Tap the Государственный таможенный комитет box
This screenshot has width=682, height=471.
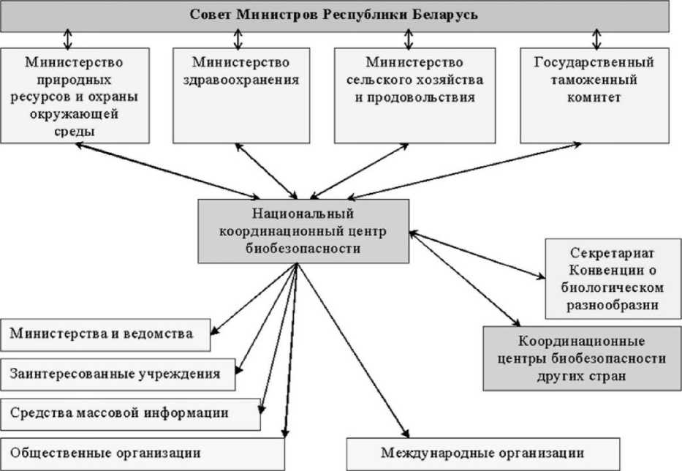(594, 94)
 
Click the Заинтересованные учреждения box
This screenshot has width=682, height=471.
(118, 374)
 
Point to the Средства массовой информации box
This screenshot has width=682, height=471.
(130, 413)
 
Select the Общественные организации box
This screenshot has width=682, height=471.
(142, 453)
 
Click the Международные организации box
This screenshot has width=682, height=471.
(483, 453)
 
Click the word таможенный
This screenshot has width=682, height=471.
(594, 80)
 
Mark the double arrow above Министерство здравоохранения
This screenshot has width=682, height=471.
(238, 38)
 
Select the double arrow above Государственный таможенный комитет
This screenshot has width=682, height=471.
(597, 38)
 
